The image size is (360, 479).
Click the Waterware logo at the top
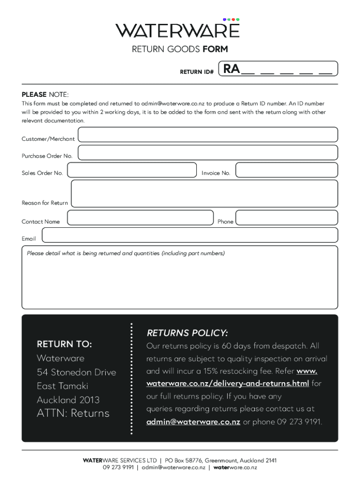pyautogui.click(x=178, y=29)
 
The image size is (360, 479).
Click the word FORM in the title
pyautogui.click(x=215, y=49)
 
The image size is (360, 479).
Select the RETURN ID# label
pyautogui.click(x=197, y=72)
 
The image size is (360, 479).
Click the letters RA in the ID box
pyautogui.click(x=232, y=69)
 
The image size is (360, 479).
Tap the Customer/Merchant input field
pyautogui.click(x=208, y=135)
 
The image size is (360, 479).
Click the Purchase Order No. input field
pyautogui.click(x=208, y=152)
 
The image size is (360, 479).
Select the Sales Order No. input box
pyautogui.click(x=132, y=170)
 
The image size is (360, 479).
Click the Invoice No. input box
pyautogui.click(x=286, y=170)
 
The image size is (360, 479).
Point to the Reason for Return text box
pyautogui.click(x=204, y=194)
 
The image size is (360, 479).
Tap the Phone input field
pyautogui.click(x=286, y=218)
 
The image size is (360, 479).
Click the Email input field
pyautogui.click(x=190, y=235)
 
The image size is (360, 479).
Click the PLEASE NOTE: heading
pyautogui.click(x=45, y=94)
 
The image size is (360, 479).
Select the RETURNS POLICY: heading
pyautogui.click(x=187, y=333)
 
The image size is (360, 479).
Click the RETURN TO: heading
pyautogui.click(x=65, y=344)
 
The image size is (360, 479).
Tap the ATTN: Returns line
pyautogui.click(x=73, y=413)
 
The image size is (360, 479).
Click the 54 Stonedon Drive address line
pyautogui.click(x=76, y=372)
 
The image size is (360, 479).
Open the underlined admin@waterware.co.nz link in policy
pyautogui.click(x=193, y=421)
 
